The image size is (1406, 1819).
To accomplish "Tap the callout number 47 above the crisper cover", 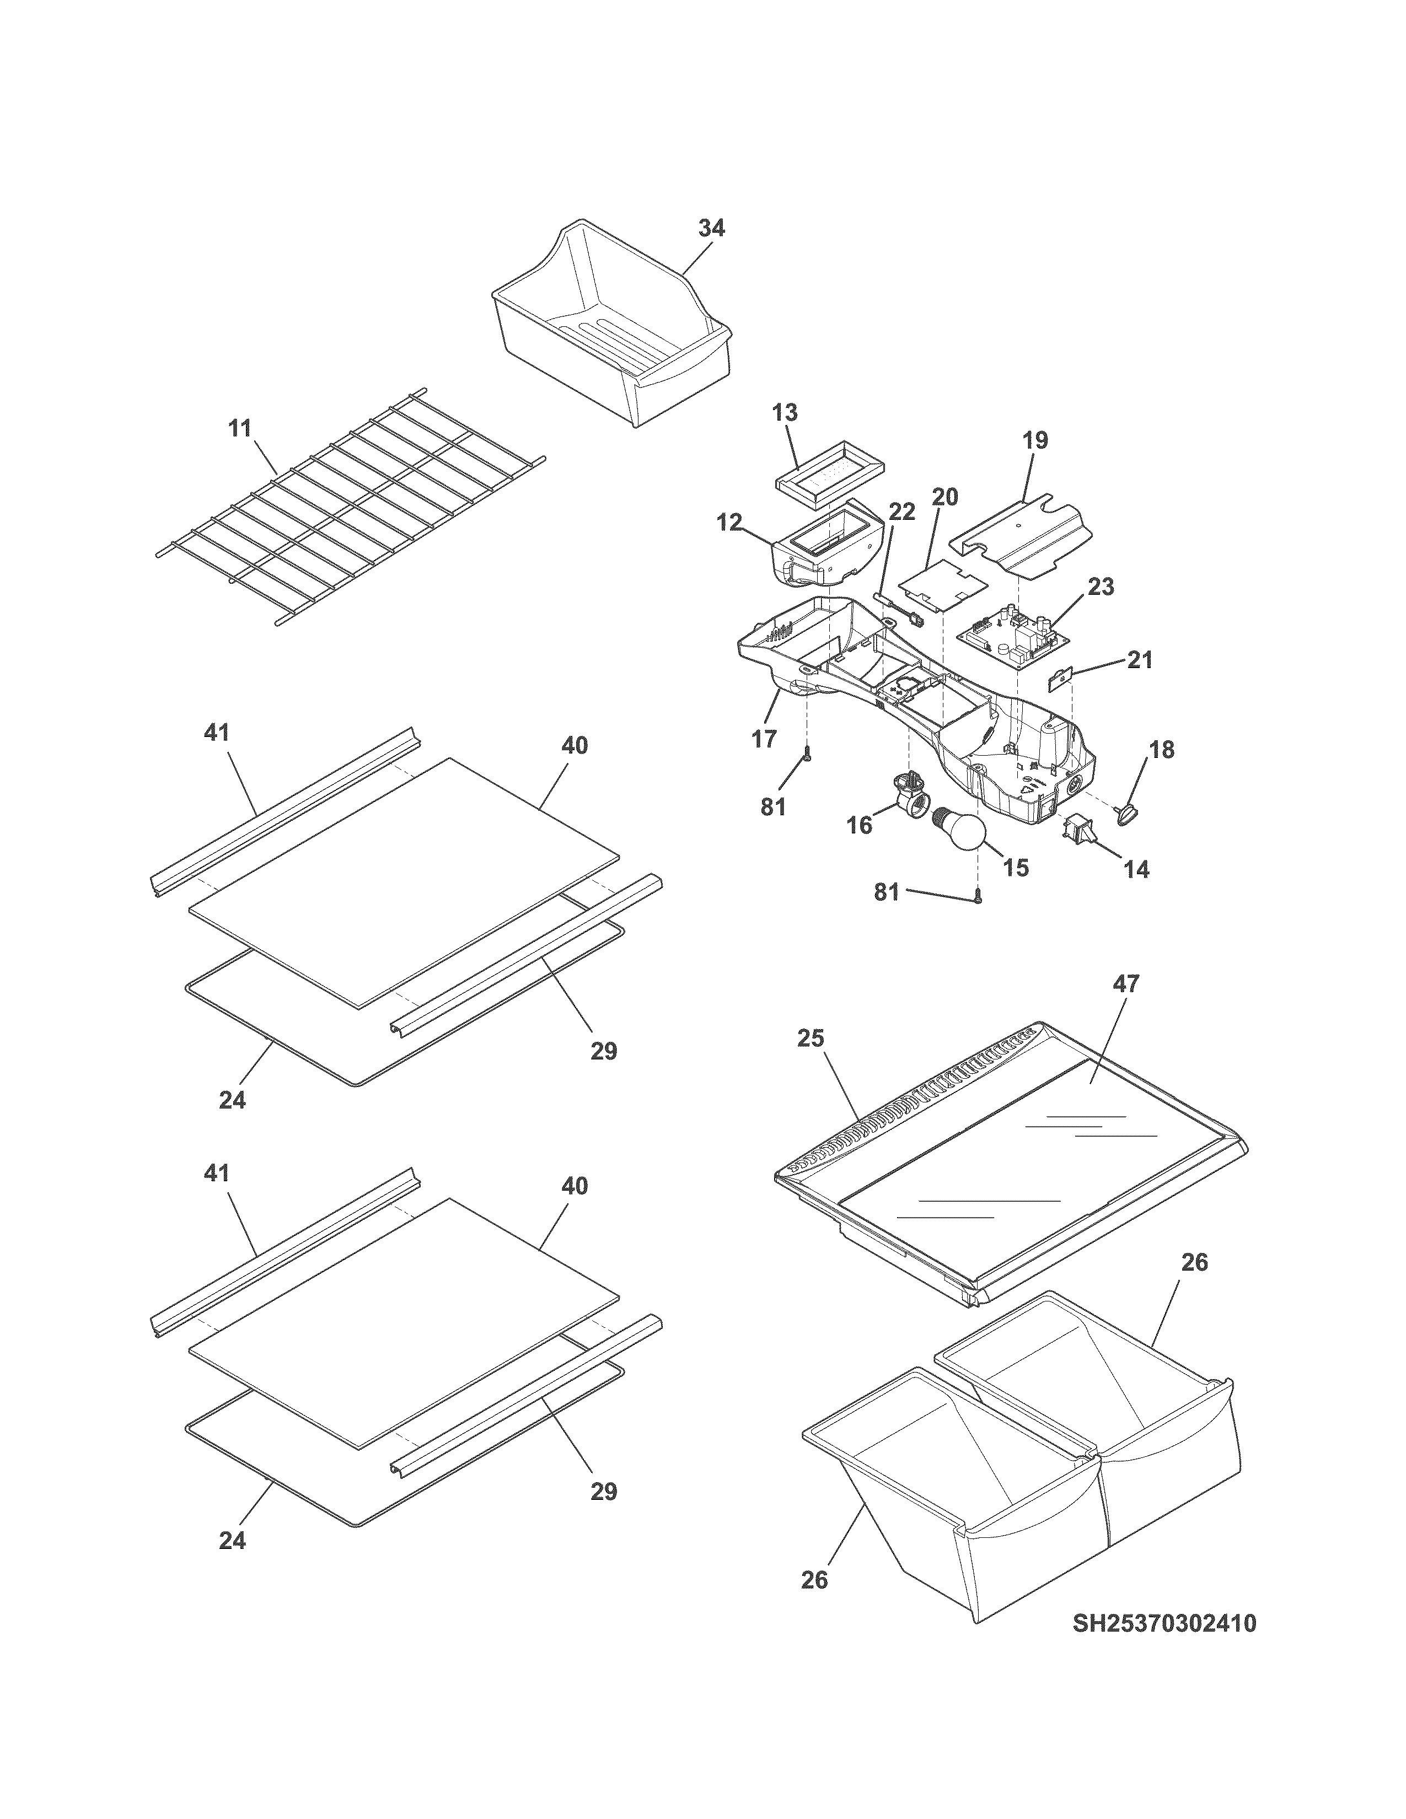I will click(1126, 983).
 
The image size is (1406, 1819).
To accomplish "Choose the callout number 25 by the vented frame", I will click(811, 1038).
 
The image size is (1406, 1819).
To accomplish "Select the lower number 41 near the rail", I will click(217, 1172).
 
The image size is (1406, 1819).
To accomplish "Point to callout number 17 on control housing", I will click(764, 738).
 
